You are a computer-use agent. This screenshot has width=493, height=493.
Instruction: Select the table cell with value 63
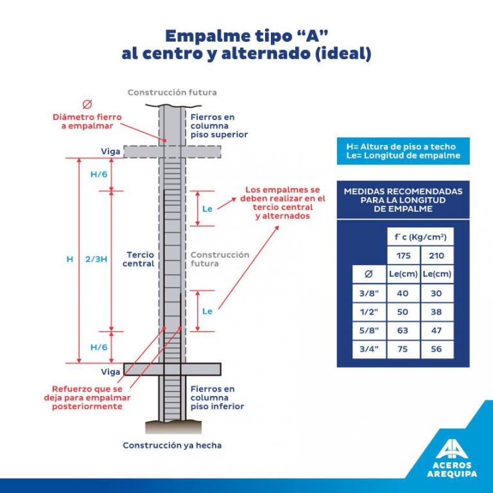coord(403,331)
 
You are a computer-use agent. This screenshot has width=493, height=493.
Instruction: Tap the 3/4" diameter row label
coord(368,349)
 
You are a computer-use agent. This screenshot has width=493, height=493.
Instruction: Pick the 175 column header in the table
coord(403,255)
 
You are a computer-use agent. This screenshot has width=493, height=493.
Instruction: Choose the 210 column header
coord(437,255)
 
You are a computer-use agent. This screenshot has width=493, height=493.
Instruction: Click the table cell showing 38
coord(437,312)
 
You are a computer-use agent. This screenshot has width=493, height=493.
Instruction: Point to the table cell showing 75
coord(403,349)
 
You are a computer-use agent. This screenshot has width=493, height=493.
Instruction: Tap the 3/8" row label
coord(368,293)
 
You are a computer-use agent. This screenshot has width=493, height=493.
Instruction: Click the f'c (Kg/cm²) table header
coord(420,237)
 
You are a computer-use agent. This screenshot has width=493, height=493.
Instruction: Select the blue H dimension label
coord(70,259)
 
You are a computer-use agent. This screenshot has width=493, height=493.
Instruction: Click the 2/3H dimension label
coord(94,259)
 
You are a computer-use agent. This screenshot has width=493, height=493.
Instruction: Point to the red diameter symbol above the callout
coord(87,105)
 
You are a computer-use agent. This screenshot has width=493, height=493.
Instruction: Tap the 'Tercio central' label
coord(140,259)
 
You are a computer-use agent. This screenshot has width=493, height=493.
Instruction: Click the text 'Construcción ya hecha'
coord(172,445)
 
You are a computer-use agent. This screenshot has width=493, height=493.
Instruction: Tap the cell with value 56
coord(437,349)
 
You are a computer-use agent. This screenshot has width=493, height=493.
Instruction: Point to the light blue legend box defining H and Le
coord(403,151)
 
